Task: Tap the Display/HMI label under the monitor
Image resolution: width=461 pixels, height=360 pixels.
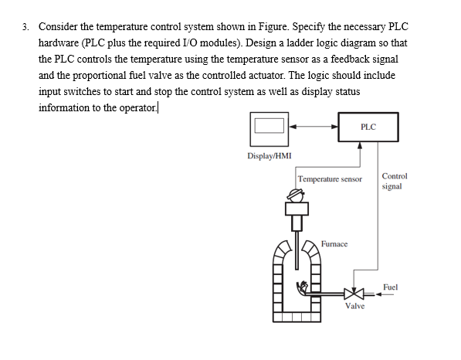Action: (269, 155)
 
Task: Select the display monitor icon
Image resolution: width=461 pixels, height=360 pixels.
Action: (269, 127)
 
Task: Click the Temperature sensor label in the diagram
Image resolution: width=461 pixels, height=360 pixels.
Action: (330, 179)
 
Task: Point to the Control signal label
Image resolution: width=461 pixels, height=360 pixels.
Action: (395, 181)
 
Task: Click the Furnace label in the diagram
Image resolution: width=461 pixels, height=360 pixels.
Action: (334, 243)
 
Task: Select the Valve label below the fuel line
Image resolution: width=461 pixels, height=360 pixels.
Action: (354, 307)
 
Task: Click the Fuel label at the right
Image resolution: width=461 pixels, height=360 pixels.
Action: (390, 287)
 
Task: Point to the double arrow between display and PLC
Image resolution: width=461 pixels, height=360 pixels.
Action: (313, 127)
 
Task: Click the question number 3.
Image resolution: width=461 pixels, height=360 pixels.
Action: (26, 26)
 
